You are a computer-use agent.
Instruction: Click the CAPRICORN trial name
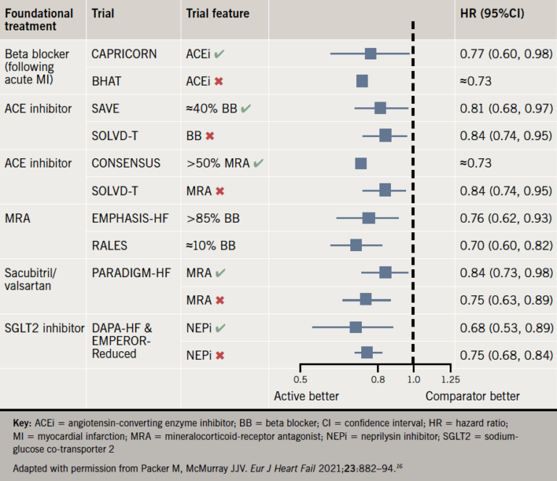coord(123,54)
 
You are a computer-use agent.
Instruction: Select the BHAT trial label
coord(106,81)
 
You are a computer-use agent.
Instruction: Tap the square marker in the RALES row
coord(356,245)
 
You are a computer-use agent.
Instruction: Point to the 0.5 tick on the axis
coord(300,378)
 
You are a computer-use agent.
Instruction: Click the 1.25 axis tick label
coord(450,378)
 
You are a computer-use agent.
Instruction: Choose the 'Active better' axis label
coord(306,396)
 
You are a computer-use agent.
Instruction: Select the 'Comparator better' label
coord(472,396)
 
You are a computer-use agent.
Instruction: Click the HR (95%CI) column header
coord(493,14)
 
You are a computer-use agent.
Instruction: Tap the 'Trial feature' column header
coord(218,14)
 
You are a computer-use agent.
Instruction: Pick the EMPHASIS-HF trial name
coord(130,218)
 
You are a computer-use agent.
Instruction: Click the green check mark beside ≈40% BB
coord(247,109)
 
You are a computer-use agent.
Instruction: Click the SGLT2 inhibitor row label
coord(39,328)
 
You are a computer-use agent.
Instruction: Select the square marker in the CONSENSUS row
coord(360,163)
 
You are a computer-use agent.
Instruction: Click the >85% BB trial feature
coord(212,218)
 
